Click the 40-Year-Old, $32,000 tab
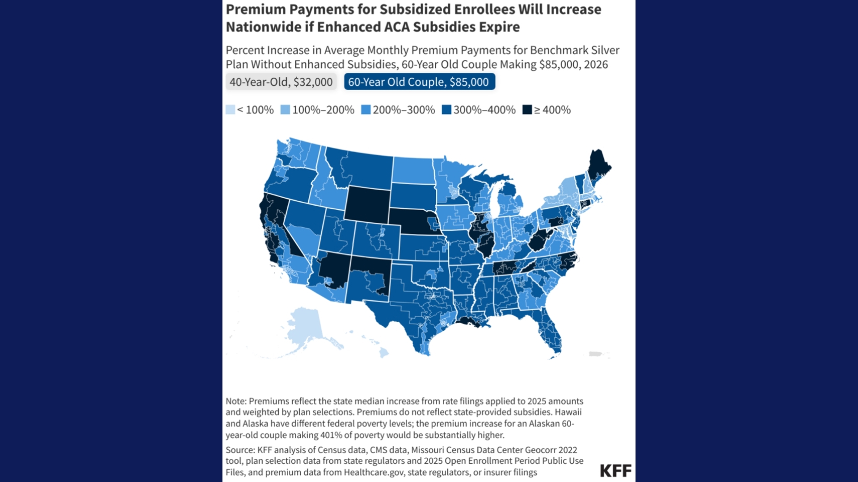pyautogui.click(x=281, y=82)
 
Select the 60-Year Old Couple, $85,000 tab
pyautogui.click(x=419, y=82)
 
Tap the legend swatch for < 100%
pyautogui.click(x=230, y=110)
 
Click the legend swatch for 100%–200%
pyautogui.click(x=285, y=110)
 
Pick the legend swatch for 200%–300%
pyautogui.click(x=366, y=110)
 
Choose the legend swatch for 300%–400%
pyautogui.click(x=446, y=110)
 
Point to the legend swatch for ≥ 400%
pyautogui.click(x=527, y=110)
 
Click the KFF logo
pyautogui.click(x=615, y=470)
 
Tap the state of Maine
pyautogui.click(x=598, y=167)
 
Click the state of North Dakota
pyautogui.click(x=413, y=170)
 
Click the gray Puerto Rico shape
pyautogui.click(x=595, y=354)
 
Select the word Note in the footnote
pyautogui.click(x=235, y=401)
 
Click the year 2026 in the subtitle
pyautogui.click(x=596, y=64)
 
